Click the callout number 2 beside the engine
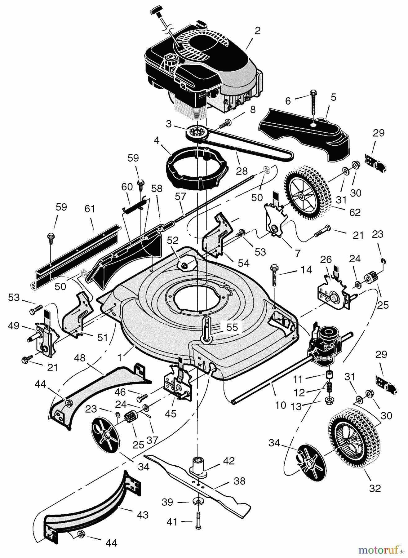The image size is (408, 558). (257, 31)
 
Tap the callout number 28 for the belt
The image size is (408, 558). (242, 171)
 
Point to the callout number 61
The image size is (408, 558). (90, 209)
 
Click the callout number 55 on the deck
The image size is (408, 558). (232, 327)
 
